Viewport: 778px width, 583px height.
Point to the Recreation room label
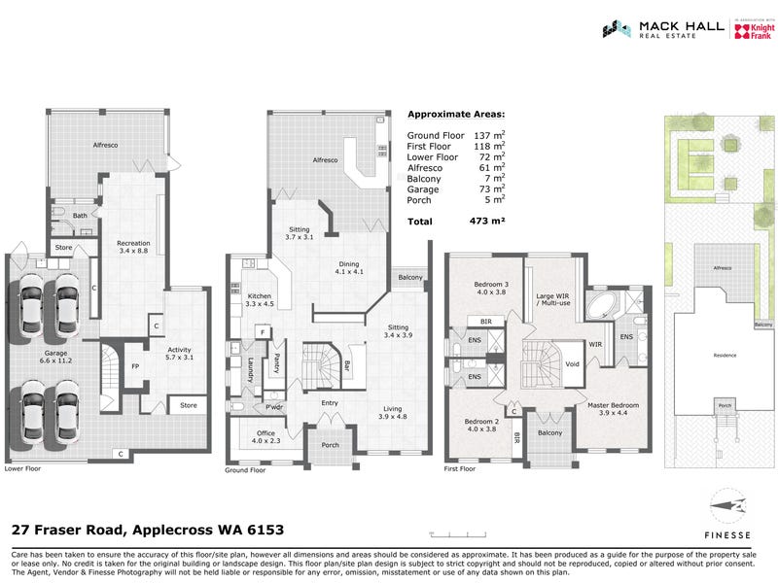point(132,247)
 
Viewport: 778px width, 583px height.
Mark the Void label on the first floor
point(571,364)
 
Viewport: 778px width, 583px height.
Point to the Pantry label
point(276,362)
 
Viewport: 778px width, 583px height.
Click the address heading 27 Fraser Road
point(147,531)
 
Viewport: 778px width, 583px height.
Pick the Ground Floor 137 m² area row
point(456,134)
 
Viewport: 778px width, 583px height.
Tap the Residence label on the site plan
point(725,357)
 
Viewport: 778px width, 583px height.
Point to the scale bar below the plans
point(457,534)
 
